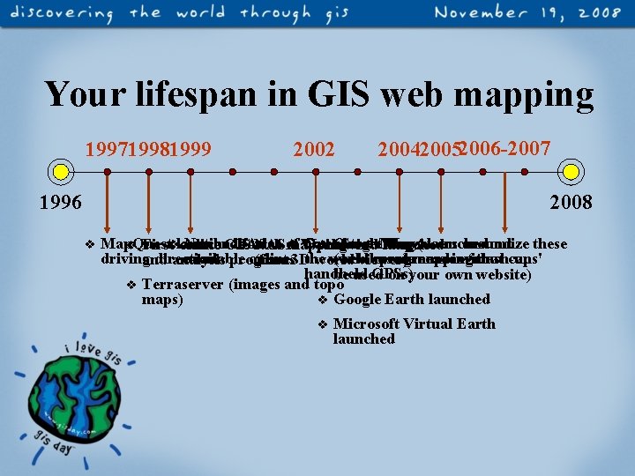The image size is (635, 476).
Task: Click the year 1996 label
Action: click(61, 203)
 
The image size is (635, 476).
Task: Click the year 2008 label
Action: click(571, 203)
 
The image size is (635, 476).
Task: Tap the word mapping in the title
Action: click(530, 94)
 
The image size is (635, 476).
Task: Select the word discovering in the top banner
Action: click(63, 15)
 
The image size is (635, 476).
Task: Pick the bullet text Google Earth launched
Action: click(411, 299)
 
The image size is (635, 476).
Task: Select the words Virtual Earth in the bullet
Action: click(453, 324)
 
